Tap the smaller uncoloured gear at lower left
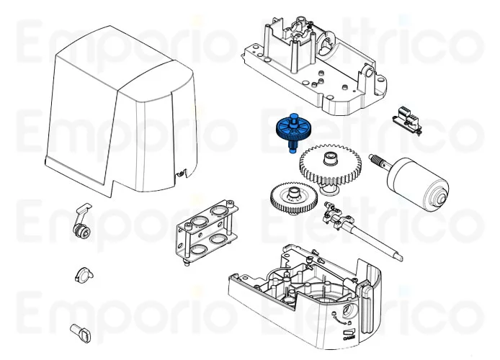point(292,197)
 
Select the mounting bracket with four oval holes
point(207,229)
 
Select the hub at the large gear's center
point(329,158)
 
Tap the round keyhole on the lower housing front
point(349,312)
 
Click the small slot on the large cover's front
point(181,172)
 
